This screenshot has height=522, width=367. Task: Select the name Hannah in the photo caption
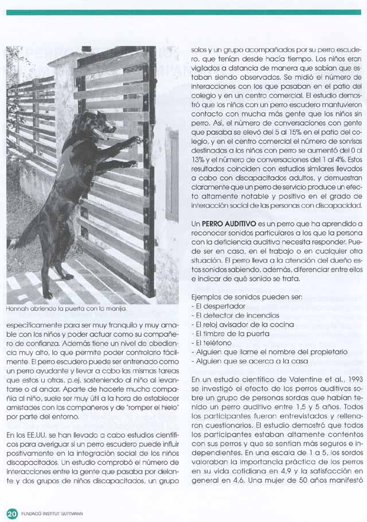click(17, 310)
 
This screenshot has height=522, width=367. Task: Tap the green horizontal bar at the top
click(183, 11)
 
